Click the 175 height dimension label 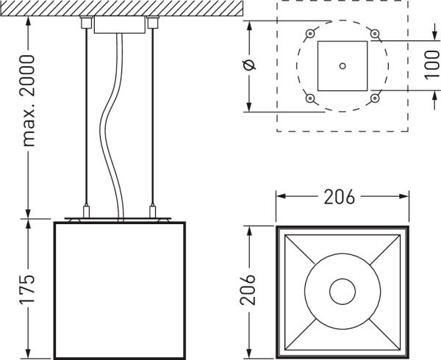click(x=28, y=289)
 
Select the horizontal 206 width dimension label click(x=339, y=198)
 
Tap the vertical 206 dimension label click(x=249, y=289)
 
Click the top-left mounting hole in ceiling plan click(x=310, y=34)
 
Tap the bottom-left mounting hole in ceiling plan click(x=310, y=98)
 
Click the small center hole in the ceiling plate click(x=342, y=65)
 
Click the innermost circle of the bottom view click(x=342, y=291)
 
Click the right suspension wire click(x=153, y=118)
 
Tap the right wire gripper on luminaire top click(x=153, y=212)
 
